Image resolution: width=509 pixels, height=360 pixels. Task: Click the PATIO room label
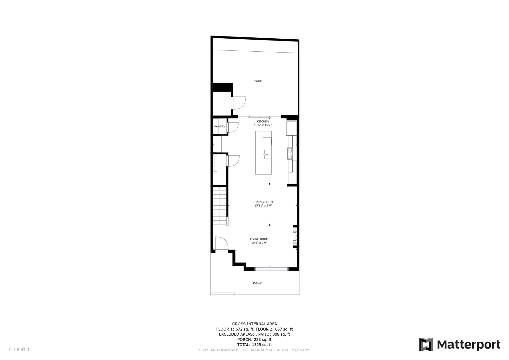tap(258, 81)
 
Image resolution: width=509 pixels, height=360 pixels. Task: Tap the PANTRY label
tap(220, 126)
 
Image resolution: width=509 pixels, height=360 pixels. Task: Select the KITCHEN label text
tap(263, 122)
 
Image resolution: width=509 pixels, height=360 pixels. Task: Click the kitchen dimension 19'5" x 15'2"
tap(263, 125)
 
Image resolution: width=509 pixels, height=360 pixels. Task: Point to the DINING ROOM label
tap(263, 202)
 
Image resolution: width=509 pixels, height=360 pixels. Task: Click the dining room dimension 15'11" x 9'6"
tap(263, 206)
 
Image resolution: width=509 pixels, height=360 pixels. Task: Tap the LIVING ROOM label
tap(259, 239)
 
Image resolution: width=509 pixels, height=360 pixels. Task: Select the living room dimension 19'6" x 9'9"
tap(259, 243)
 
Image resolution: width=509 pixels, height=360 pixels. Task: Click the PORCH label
tap(258, 283)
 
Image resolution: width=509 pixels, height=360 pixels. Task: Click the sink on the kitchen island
tap(267, 154)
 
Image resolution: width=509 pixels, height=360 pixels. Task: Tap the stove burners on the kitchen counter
tap(290, 153)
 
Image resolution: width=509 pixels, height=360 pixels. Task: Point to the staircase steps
tap(219, 206)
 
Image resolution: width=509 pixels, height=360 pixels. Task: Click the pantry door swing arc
tap(233, 128)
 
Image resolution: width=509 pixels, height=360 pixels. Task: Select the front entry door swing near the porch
tap(222, 243)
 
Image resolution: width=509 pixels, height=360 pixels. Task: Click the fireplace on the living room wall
tap(295, 236)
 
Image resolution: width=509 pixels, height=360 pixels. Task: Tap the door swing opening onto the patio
tap(239, 103)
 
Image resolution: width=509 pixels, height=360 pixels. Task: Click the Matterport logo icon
tap(426, 345)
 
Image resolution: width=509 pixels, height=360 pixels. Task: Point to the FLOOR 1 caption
tap(19, 349)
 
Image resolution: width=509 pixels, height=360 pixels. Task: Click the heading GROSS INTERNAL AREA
tap(255, 324)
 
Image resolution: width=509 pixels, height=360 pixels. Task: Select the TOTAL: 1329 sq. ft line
tap(255, 345)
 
